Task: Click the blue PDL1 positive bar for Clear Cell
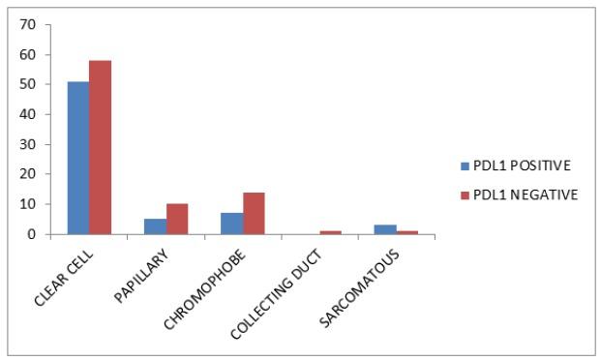(x=77, y=158)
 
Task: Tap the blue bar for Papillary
(x=154, y=226)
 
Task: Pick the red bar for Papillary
(x=176, y=219)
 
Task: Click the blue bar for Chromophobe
(x=231, y=224)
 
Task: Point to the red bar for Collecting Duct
(x=330, y=232)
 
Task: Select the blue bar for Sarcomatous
(x=385, y=229)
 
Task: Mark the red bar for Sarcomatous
(x=407, y=232)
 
